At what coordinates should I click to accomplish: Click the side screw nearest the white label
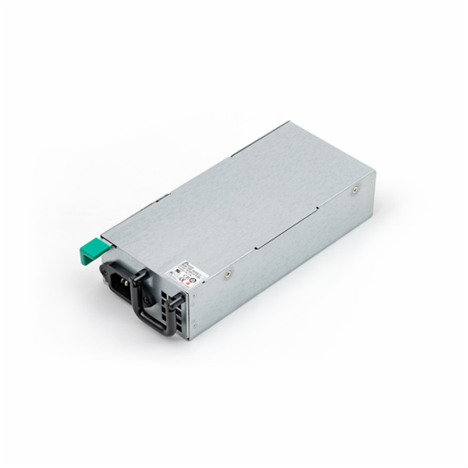[228, 272]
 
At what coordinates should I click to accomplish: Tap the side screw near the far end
[355, 190]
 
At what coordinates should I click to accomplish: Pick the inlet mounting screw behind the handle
[144, 294]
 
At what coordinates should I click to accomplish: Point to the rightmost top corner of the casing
[375, 172]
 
